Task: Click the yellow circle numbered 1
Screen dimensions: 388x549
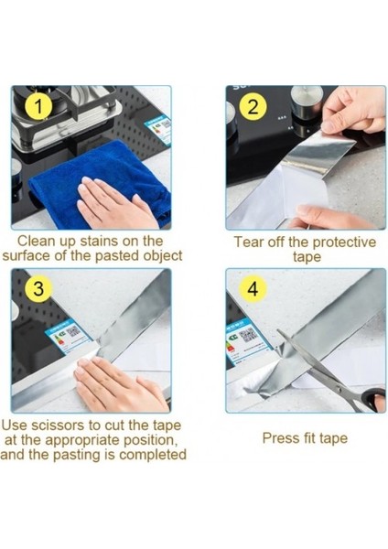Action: click(38, 106)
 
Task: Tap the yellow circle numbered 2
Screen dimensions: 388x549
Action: click(253, 106)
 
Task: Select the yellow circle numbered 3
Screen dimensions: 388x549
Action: click(38, 289)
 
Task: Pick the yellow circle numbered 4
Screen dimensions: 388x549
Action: click(253, 289)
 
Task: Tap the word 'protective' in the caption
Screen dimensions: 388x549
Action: click(344, 242)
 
